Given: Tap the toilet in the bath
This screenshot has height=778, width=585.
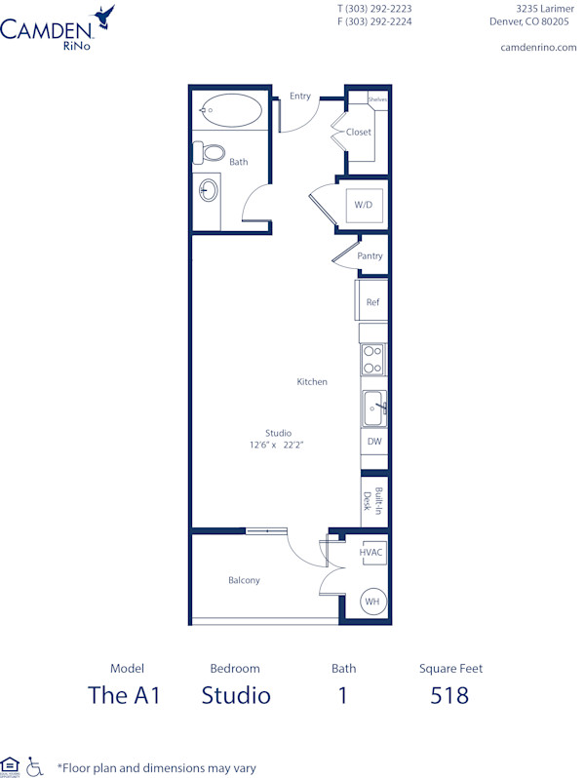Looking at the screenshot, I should point(208,153).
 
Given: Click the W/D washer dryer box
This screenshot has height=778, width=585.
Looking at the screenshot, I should point(363,205).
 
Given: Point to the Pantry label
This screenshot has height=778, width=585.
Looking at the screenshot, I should point(370,256).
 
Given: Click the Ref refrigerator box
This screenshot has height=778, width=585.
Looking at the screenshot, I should point(371,302).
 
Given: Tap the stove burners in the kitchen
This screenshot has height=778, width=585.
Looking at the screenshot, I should point(372,360).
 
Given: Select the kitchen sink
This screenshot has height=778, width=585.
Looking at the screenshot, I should point(374,408).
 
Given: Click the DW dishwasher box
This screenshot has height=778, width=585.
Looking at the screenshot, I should point(373,442).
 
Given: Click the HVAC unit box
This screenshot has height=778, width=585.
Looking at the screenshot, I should point(371,553).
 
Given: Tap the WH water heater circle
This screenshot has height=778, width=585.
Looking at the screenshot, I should point(371,603).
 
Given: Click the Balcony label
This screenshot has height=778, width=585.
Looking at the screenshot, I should point(244,580).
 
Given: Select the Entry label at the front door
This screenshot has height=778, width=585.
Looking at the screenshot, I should point(300,96).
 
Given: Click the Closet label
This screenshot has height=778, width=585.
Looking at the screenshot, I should point(359,132).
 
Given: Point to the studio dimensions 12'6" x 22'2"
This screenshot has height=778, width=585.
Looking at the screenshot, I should point(278,445).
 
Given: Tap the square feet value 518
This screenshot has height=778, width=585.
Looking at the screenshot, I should point(449,695).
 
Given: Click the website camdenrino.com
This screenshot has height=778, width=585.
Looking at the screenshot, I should point(538,47).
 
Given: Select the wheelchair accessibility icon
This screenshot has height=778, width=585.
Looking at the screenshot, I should point(34,766).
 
